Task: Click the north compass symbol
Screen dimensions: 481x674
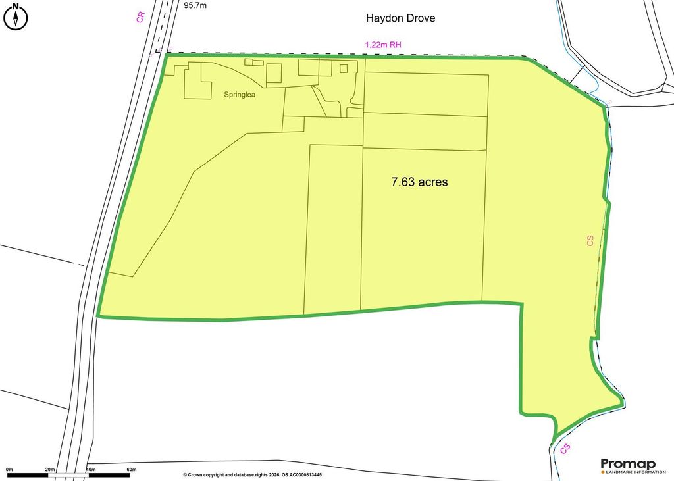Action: coord(16,17)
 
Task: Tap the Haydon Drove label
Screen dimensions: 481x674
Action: coord(401,18)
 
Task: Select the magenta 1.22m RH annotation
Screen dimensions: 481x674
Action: coord(382,45)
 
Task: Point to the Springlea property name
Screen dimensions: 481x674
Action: coord(240,95)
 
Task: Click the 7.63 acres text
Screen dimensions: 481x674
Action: coord(419,182)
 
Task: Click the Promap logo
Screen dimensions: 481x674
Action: coord(628,464)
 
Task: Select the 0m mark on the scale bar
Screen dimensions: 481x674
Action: coord(9,469)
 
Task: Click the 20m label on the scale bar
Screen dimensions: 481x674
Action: coord(50,469)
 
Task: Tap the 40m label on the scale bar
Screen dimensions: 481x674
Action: coord(91,469)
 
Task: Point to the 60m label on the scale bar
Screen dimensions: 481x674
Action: coord(131,469)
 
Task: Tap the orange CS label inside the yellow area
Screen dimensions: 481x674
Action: coord(590,241)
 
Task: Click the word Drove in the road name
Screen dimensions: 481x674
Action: coord(420,18)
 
